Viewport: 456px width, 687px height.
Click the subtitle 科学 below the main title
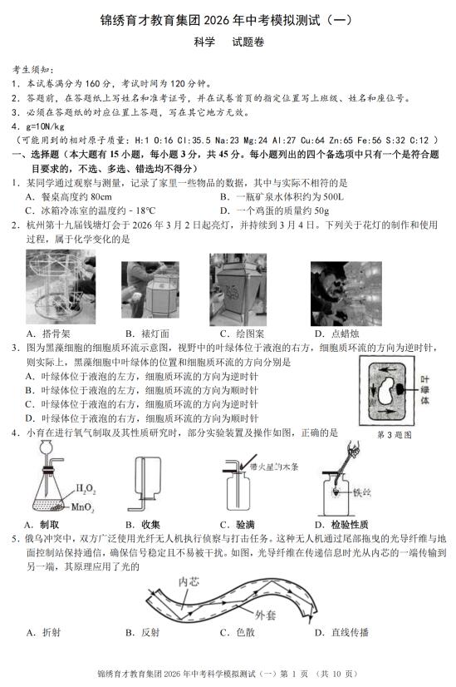[204, 42]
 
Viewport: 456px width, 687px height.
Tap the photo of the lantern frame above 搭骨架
[61, 287]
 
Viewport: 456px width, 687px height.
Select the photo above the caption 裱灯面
[150, 289]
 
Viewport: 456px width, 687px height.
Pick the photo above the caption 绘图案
[238, 289]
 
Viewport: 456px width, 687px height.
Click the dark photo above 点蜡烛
[346, 294]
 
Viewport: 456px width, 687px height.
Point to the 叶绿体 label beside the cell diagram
[424, 389]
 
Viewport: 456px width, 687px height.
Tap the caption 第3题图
[395, 435]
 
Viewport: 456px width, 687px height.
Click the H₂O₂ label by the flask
[86, 488]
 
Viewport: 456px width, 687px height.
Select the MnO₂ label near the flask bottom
[82, 507]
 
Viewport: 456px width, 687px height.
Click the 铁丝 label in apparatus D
[362, 492]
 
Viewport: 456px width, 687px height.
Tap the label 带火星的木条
[274, 467]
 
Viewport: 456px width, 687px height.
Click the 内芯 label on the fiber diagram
[189, 581]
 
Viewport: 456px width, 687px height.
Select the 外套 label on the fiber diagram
[266, 615]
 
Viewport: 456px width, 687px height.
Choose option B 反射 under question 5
[143, 632]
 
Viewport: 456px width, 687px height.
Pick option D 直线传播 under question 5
[341, 632]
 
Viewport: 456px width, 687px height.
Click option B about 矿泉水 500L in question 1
[282, 197]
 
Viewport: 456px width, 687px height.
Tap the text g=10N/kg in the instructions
[38, 126]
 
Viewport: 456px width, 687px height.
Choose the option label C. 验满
[238, 525]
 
